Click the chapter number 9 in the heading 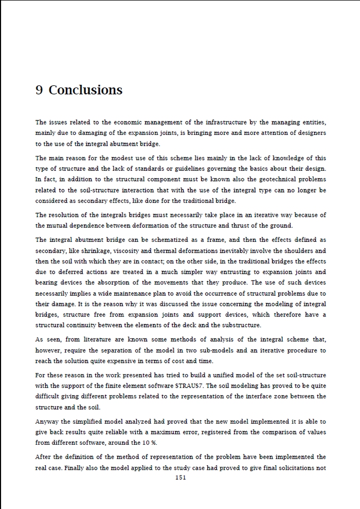click(x=39, y=90)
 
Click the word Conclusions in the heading click(x=85, y=90)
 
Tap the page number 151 click(x=180, y=478)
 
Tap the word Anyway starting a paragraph click(x=47, y=422)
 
